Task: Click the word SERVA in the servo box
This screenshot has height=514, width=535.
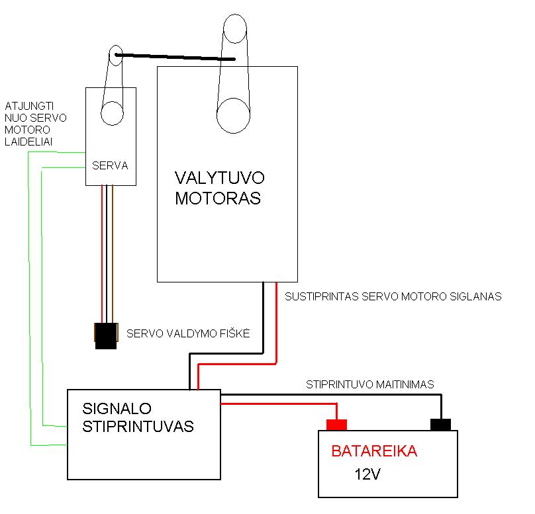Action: [109, 165]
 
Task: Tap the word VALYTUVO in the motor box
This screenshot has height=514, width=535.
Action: [219, 178]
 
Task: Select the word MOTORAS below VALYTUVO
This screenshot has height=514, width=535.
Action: [218, 198]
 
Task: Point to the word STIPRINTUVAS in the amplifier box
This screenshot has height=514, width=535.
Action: [138, 426]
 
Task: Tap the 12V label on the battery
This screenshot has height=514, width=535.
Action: [368, 474]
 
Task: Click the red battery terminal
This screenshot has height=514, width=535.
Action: [337, 424]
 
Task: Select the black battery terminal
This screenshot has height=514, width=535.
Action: [440, 424]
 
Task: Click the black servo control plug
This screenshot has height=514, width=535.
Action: [106, 336]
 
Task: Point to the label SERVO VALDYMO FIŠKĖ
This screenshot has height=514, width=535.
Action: [188, 333]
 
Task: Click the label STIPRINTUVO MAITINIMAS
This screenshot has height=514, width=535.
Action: [369, 384]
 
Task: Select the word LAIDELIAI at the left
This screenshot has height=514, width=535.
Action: [29, 142]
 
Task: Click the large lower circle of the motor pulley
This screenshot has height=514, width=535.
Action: [234, 115]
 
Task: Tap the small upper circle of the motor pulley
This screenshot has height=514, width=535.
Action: [235, 28]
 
